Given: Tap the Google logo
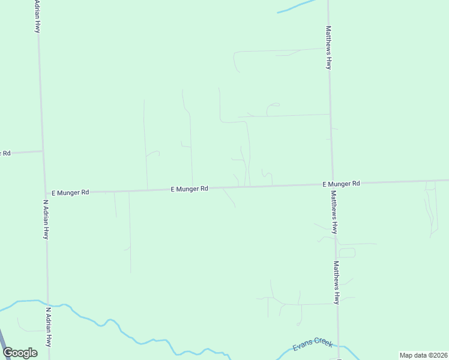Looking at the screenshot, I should tap(20, 353).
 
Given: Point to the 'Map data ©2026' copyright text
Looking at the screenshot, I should tap(423, 355).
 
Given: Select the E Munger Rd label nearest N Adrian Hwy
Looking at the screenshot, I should tap(70, 193).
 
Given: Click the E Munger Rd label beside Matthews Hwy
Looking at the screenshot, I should tap(341, 184).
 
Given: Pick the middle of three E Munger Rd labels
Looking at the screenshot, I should tap(189, 188).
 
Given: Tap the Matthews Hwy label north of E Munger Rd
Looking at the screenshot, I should tap(328, 47).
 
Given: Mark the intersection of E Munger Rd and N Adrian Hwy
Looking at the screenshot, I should tap(45, 193).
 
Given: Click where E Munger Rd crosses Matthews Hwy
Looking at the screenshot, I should tap(333, 185).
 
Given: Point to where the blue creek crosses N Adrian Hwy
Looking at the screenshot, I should tap(47, 304).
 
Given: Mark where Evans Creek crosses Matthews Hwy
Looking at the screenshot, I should tap(339, 346).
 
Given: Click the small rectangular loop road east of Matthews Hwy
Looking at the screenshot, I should tap(347, 253).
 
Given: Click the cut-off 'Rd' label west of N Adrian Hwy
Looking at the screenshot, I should tap(5, 153).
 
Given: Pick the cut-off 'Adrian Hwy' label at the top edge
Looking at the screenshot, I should tap(37, 16).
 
